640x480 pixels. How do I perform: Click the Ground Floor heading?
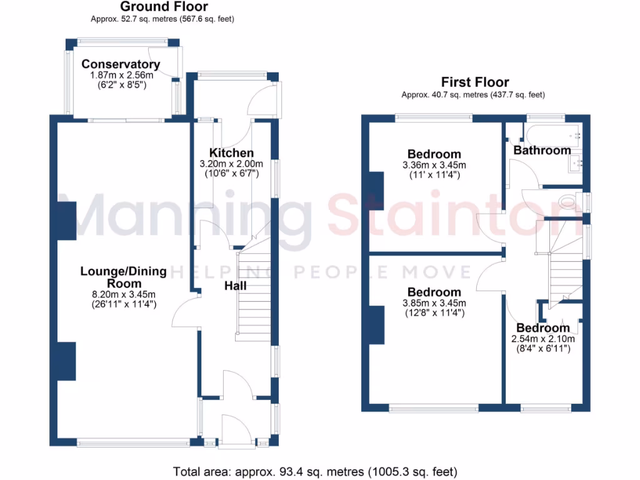tap(164, 6)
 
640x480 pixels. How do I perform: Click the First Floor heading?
tap(475, 82)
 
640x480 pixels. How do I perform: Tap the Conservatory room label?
tap(121, 64)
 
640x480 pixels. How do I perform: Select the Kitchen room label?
tap(231, 152)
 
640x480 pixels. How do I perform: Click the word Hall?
tap(236, 286)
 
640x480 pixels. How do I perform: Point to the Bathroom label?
tap(542, 150)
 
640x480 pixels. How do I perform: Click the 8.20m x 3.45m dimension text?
tap(124, 294)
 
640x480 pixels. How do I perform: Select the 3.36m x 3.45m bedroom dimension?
tap(434, 165)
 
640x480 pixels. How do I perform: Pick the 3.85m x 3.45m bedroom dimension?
tap(434, 303)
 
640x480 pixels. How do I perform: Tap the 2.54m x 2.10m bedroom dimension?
tap(543, 339)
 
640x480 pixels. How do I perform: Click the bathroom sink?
tap(575, 163)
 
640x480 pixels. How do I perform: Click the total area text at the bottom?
tap(315, 472)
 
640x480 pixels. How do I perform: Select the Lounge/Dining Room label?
tap(124, 277)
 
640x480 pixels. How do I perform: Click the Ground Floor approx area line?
tap(162, 19)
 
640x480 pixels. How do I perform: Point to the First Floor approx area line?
tap(473, 95)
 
